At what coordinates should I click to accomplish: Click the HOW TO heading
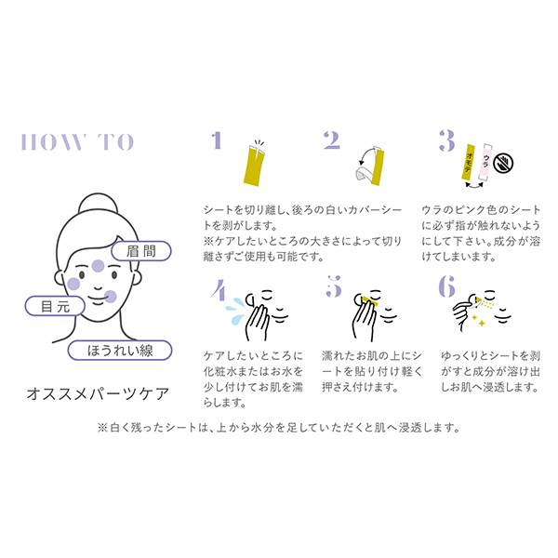pyautogui.click(x=77, y=142)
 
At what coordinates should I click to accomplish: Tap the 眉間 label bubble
pyautogui.click(x=141, y=251)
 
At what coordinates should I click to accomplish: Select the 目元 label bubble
pyautogui.click(x=55, y=306)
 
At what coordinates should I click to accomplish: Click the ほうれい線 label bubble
pyautogui.click(x=120, y=351)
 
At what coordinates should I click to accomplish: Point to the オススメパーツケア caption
pyautogui.click(x=98, y=394)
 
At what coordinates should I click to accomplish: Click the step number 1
pyautogui.click(x=217, y=140)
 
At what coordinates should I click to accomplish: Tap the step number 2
pyautogui.click(x=332, y=140)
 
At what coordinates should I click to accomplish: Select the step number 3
pyautogui.click(x=447, y=140)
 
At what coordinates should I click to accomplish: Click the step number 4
pyautogui.click(x=219, y=289)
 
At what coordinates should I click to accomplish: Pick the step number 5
pyautogui.click(x=334, y=286)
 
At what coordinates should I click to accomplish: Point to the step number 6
pyautogui.click(x=447, y=286)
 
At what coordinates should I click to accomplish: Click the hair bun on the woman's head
pyautogui.click(x=98, y=204)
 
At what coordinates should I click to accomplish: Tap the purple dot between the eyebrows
pyautogui.click(x=98, y=266)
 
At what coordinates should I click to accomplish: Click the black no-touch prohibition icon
pyautogui.click(x=503, y=163)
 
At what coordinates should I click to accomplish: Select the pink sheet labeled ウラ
pyautogui.click(x=485, y=162)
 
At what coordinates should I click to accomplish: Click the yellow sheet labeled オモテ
pyautogui.click(x=469, y=162)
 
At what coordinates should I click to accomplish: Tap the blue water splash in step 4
pyautogui.click(x=235, y=311)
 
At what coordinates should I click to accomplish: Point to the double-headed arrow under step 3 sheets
pyautogui.click(x=474, y=184)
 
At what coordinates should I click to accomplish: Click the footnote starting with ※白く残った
pyautogui.click(x=279, y=428)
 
